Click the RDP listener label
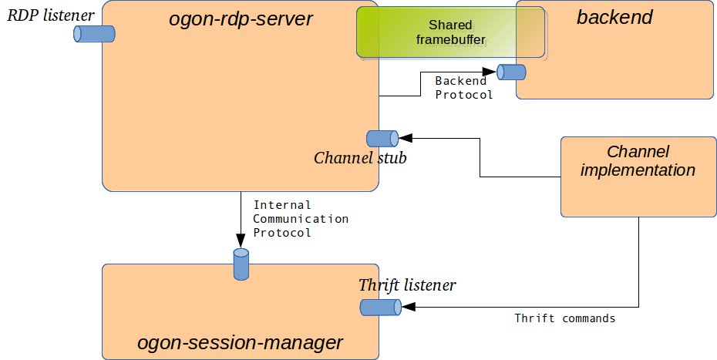51,15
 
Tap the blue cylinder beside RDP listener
94,34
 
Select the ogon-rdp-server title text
241,19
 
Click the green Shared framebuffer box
450,32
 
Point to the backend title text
614,17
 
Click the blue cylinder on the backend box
511,72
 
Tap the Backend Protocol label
463,88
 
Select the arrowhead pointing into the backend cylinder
490,72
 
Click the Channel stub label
360,158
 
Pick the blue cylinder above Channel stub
382,139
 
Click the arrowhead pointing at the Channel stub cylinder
406,138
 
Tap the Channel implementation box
638,177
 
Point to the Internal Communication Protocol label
301,219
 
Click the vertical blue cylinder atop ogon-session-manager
241,264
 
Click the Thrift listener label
407,285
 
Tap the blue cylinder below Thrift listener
380,308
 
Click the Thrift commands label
564,318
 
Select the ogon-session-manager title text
240,342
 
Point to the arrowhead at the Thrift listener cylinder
409,307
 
